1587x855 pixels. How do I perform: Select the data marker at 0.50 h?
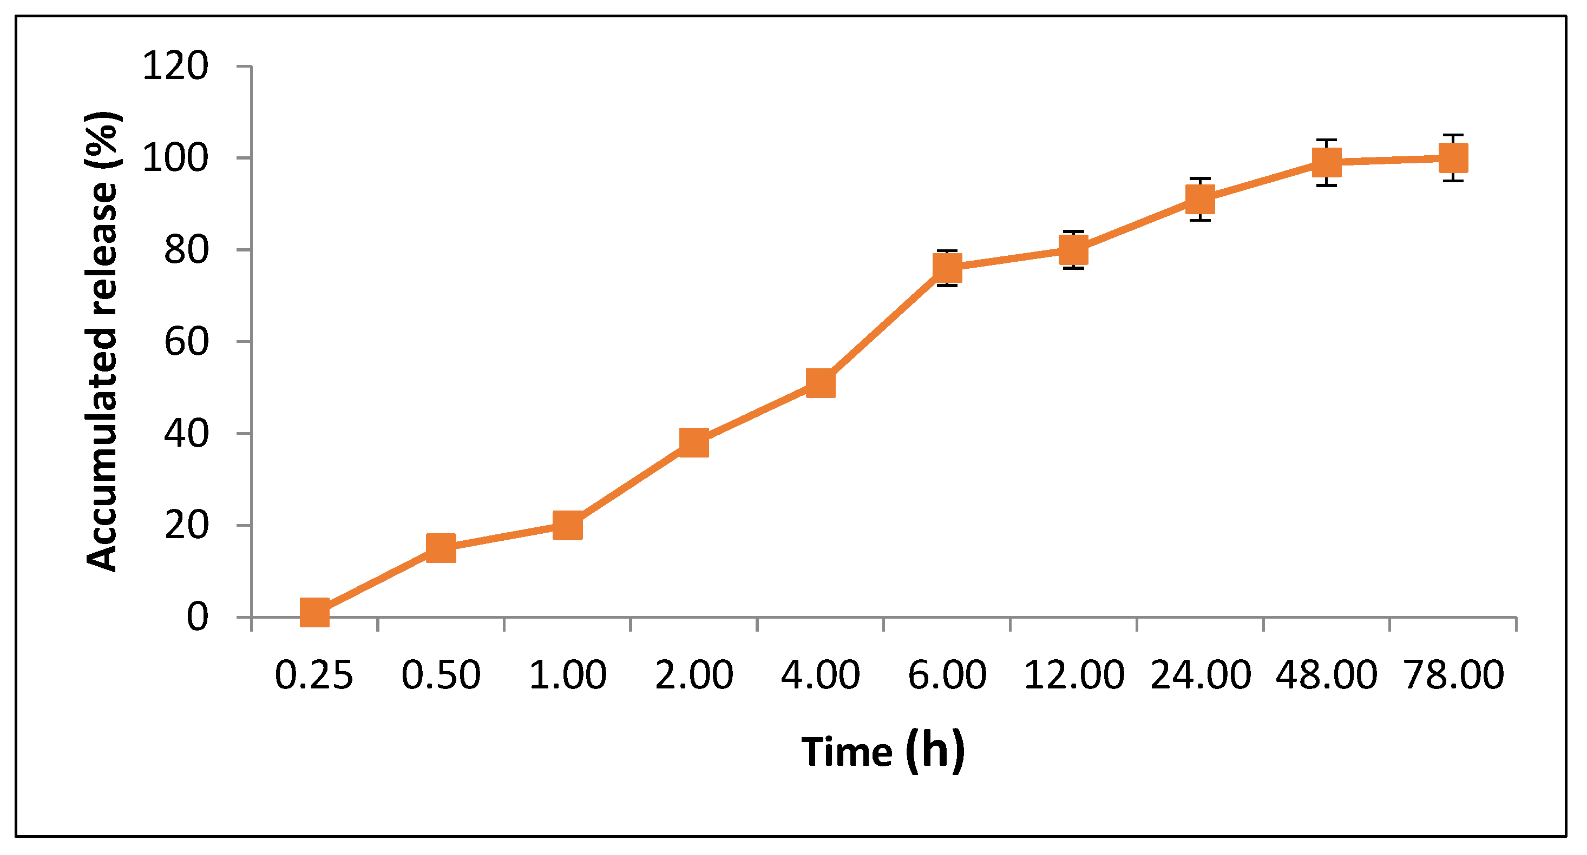click(x=441, y=547)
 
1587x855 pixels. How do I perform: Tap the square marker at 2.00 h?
click(x=694, y=442)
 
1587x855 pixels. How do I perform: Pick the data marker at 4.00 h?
click(x=821, y=383)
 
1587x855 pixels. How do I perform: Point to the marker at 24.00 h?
click(x=1200, y=199)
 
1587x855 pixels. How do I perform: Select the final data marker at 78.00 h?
click(x=1453, y=157)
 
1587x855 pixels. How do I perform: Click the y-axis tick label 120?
click(x=175, y=67)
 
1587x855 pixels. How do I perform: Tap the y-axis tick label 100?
click(x=175, y=158)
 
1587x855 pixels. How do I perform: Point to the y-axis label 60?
click(x=186, y=342)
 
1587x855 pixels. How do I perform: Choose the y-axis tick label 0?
click(x=197, y=617)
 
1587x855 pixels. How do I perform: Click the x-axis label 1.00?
click(x=568, y=675)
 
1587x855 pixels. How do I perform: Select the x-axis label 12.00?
click(x=1074, y=675)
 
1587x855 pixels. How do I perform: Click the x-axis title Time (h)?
click(x=883, y=752)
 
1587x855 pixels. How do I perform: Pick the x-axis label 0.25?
click(x=314, y=675)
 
